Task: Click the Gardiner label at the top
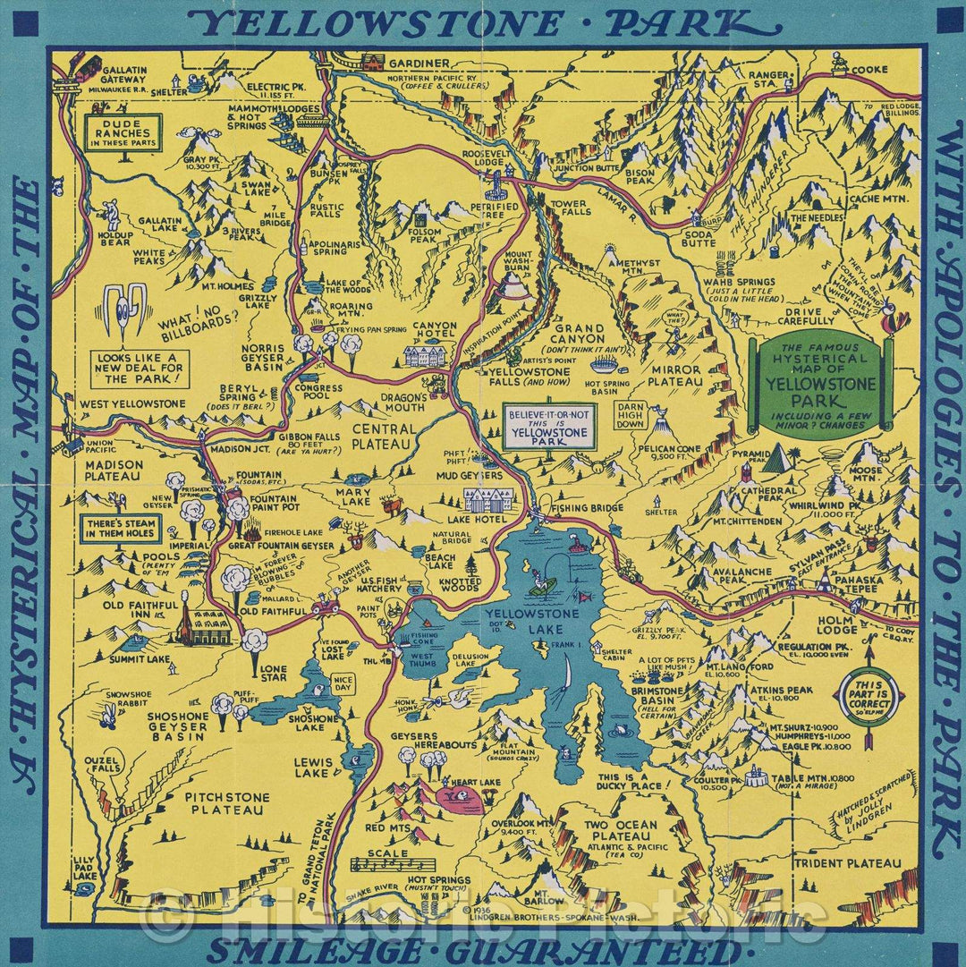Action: click(x=419, y=64)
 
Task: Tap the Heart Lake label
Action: click(x=477, y=782)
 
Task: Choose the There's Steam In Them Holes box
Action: click(x=121, y=527)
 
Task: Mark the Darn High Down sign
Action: click(x=631, y=414)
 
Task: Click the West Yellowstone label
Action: click(x=132, y=404)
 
